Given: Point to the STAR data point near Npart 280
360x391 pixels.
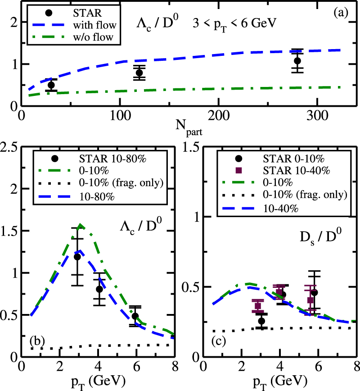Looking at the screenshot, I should (297, 61).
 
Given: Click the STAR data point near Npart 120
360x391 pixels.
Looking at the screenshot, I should (139, 73).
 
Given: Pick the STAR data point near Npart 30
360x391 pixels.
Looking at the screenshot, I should (51, 85).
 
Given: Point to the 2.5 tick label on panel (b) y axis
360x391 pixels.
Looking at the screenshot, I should (10, 147).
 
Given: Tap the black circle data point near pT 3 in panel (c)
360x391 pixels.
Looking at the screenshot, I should (261, 321).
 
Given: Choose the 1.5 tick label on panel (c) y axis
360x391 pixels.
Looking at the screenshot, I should (191, 147).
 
